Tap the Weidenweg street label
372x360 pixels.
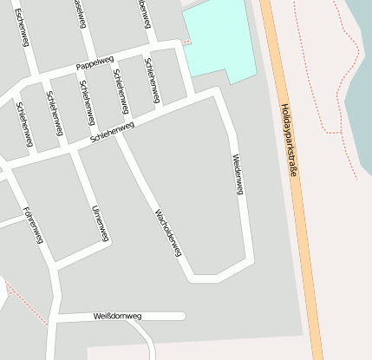pyautogui.click(x=238, y=173)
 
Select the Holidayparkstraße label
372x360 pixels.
pyautogui.click(x=289, y=141)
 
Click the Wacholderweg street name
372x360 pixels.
pyautogui.click(x=167, y=232)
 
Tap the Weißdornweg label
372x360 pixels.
pyautogui.click(x=117, y=317)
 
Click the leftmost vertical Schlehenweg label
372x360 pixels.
pyautogui.click(x=24, y=123)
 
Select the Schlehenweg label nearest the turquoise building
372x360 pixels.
pyautogui.click(x=151, y=80)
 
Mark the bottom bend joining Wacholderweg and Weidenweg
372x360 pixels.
pyautogui.click(x=206, y=278)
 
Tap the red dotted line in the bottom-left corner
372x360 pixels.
pyautogui.click(x=26, y=304)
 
